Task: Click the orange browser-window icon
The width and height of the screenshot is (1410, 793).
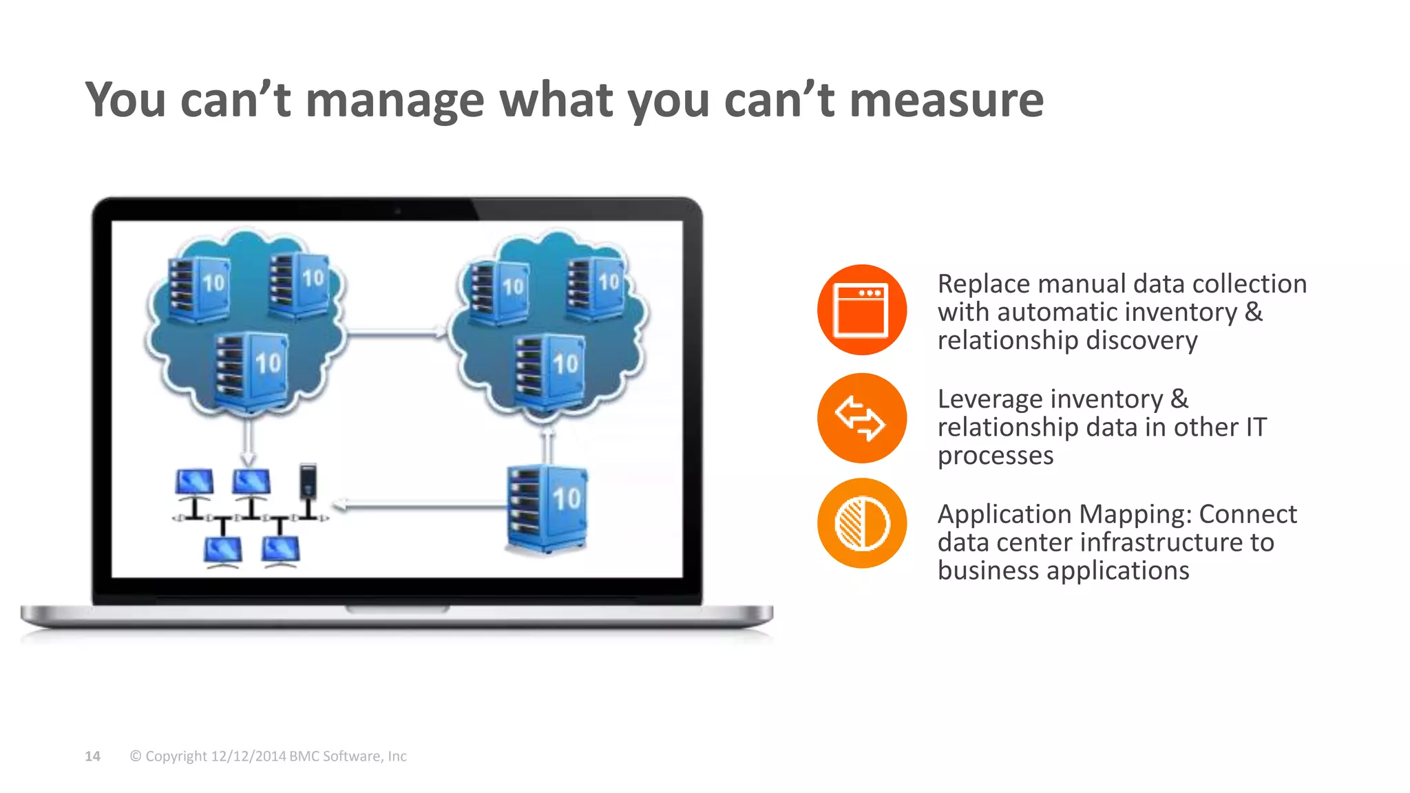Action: pyautogui.click(x=861, y=310)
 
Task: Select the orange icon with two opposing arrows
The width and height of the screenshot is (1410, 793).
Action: pyautogui.click(x=861, y=418)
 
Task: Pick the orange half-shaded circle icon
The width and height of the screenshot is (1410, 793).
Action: pyautogui.click(x=861, y=523)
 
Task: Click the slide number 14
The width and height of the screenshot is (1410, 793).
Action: pyautogui.click(x=92, y=756)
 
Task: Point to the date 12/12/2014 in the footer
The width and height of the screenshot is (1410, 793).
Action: pyautogui.click(x=248, y=756)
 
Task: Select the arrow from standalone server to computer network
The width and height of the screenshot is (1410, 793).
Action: pyautogui.click(x=420, y=507)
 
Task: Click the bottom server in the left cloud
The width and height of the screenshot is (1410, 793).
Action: pyautogui.click(x=251, y=371)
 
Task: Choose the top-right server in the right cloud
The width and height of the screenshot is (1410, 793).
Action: pyautogui.click(x=595, y=288)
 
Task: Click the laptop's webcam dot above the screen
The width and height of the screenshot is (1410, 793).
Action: pyautogui.click(x=397, y=211)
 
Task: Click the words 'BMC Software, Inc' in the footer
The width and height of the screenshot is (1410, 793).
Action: pyautogui.click(x=348, y=756)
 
